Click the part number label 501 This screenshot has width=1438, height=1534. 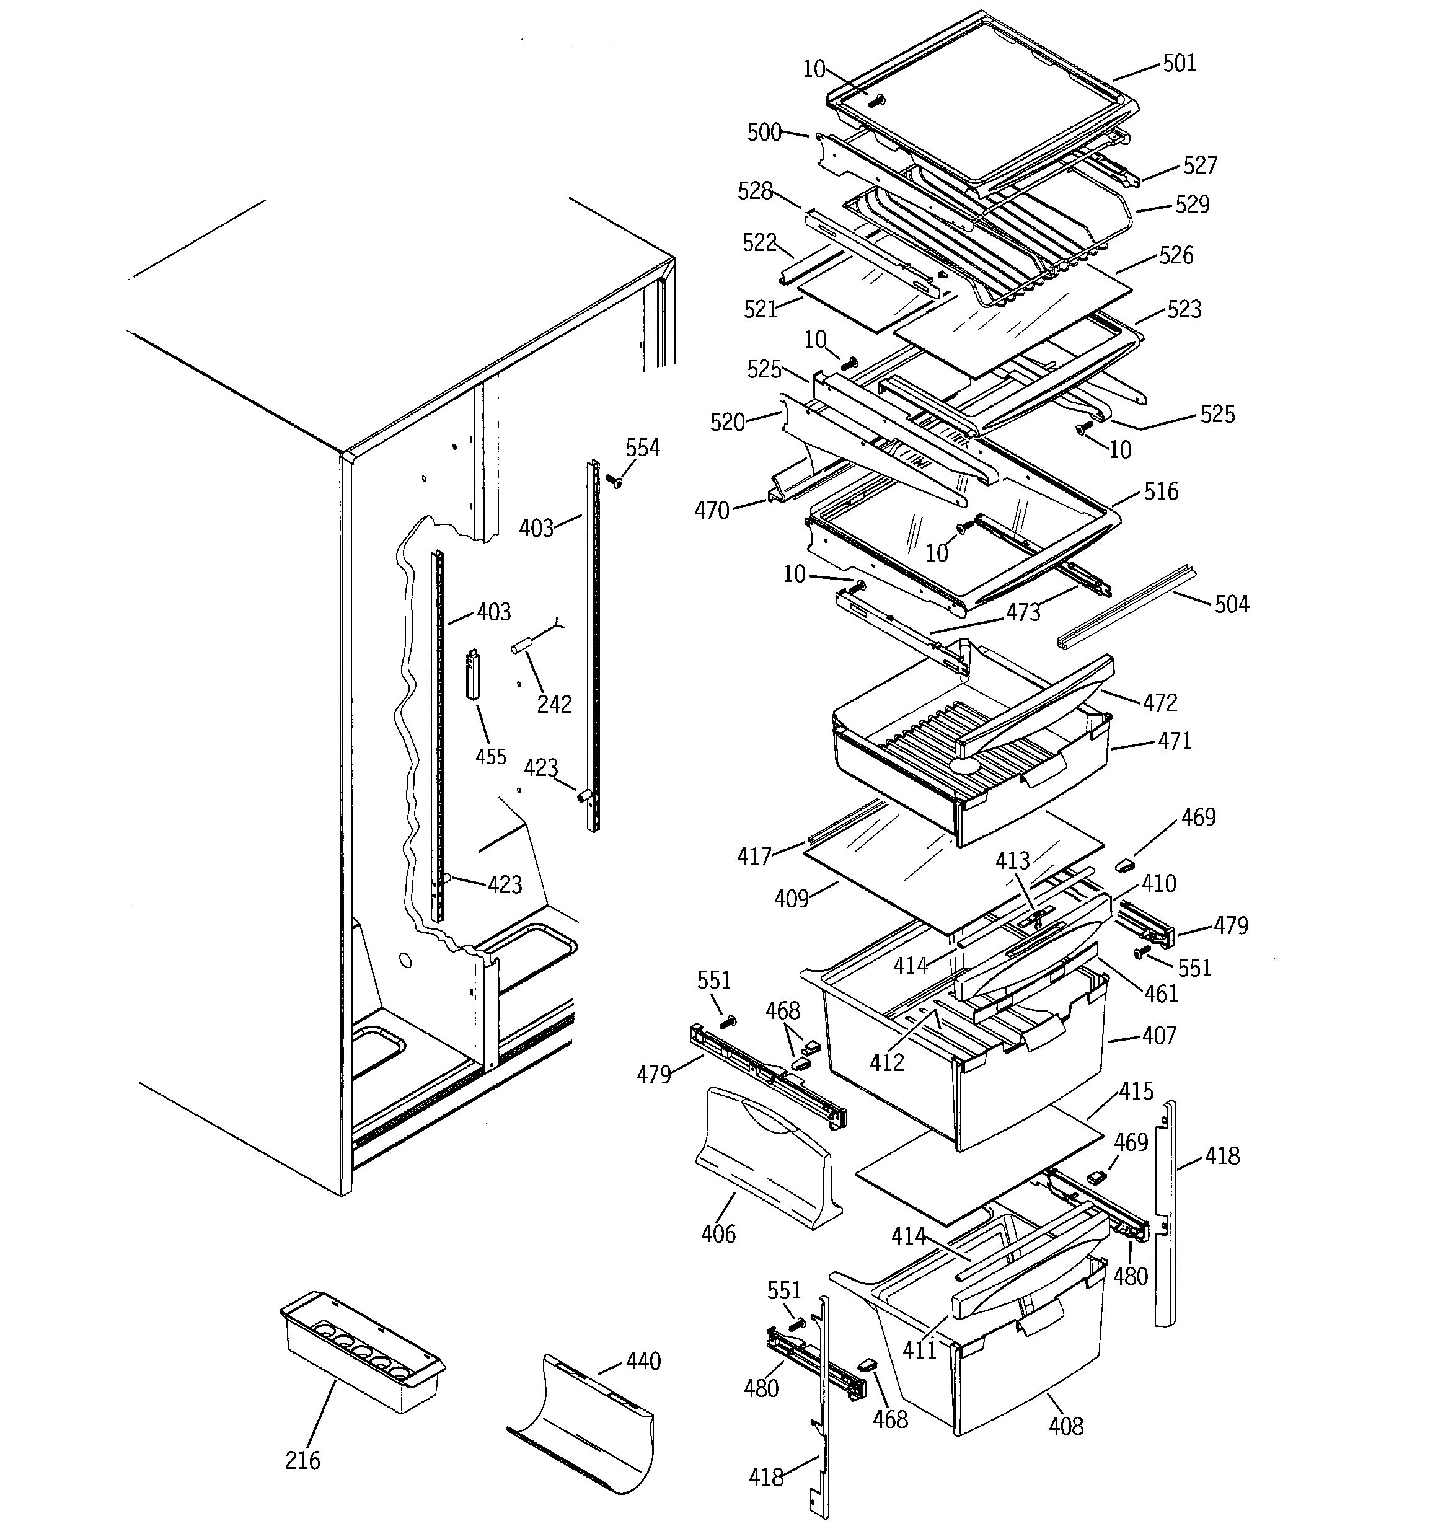[1179, 63]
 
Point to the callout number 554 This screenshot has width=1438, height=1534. [642, 447]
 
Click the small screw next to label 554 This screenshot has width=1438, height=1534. [615, 482]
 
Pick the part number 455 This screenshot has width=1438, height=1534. [491, 756]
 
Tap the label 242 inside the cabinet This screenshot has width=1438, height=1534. [554, 703]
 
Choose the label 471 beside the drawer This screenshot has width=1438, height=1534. [1175, 741]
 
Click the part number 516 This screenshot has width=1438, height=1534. [1161, 491]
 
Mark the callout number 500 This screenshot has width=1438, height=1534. [764, 133]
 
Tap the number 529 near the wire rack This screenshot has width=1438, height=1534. [1192, 205]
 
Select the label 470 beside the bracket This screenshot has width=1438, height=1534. [712, 510]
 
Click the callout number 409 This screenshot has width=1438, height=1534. [791, 898]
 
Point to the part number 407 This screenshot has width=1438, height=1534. [1158, 1035]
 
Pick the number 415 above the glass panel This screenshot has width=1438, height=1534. [1136, 1091]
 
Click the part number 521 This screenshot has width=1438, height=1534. [761, 309]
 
